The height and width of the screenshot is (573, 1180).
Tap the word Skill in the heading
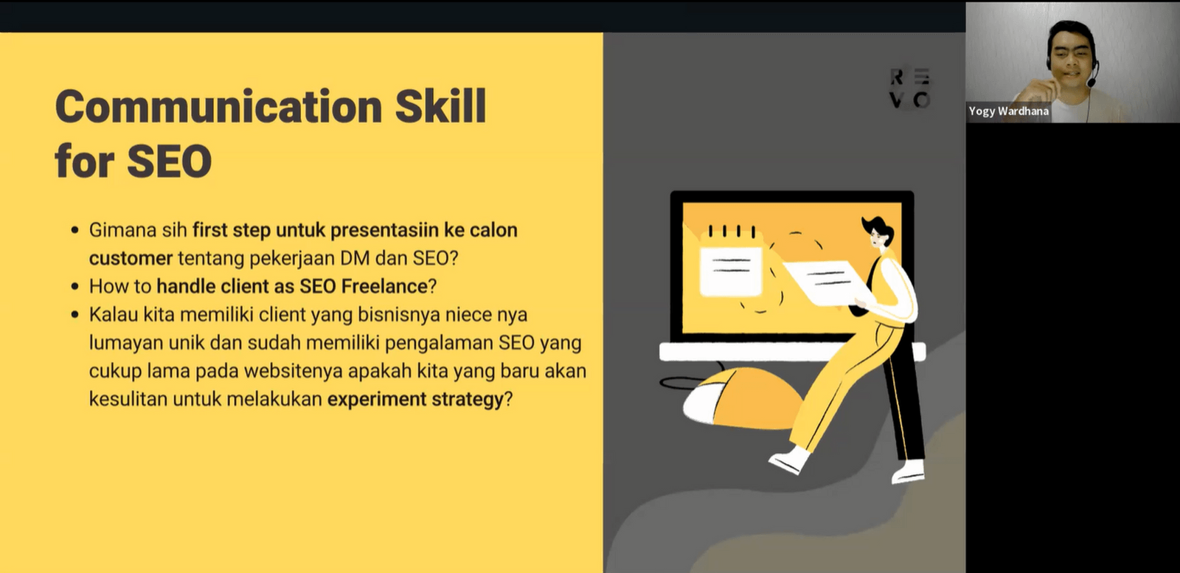[x=440, y=106]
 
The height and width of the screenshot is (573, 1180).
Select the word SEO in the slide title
[x=169, y=162]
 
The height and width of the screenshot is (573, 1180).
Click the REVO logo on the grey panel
[x=909, y=88]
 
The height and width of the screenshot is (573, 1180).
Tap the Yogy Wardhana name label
[x=1008, y=111]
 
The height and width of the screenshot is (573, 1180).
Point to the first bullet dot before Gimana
[x=74, y=231]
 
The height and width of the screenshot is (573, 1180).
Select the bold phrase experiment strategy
[x=415, y=400]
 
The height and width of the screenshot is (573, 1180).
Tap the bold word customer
[x=131, y=258]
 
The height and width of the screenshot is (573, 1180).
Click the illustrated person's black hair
[x=879, y=226]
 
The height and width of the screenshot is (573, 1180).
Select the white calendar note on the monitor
[x=729, y=269]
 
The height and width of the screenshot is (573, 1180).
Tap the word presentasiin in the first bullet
[x=383, y=230]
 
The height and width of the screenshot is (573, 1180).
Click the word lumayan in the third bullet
[x=126, y=343]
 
